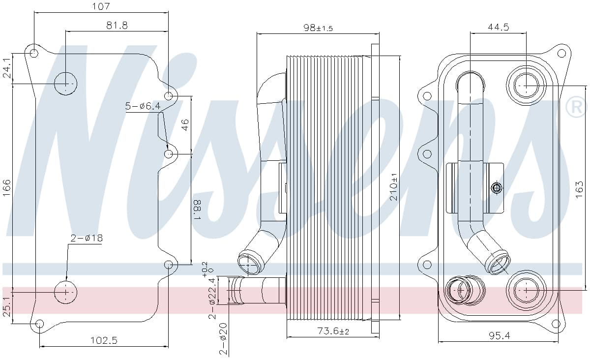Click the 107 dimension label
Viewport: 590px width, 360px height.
101,6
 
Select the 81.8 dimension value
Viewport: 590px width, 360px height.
117,25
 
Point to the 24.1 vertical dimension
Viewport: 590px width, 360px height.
6,68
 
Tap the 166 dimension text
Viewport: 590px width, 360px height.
6,188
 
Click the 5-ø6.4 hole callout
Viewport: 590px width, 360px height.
143,106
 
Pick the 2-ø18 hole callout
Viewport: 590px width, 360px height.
87,238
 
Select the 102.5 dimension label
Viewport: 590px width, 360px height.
104,340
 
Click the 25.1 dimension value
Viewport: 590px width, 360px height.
6,306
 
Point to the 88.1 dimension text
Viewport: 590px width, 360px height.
197,210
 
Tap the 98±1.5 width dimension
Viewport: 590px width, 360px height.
318,28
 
